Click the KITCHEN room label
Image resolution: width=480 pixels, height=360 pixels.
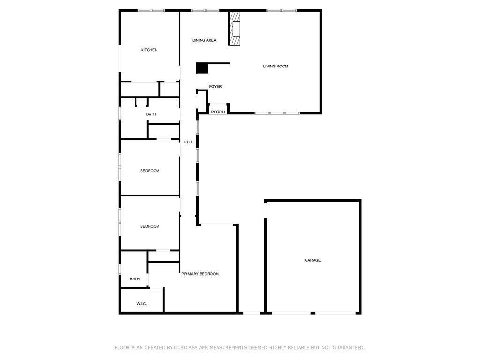tap(149, 50)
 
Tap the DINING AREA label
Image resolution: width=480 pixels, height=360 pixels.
tap(204, 40)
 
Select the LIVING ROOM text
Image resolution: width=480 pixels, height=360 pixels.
tap(276, 66)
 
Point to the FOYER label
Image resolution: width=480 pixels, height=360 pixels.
tap(215, 86)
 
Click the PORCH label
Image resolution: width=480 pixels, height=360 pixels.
tap(218, 112)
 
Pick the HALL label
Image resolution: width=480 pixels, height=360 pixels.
tap(188, 142)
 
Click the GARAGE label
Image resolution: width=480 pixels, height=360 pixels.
tap(313, 260)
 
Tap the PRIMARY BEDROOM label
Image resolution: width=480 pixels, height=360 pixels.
tap(200, 274)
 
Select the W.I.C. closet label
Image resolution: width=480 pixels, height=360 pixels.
tap(142, 304)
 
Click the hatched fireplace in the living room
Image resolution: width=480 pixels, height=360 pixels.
tap(234, 29)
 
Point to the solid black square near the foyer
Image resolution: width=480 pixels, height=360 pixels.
tap(202, 68)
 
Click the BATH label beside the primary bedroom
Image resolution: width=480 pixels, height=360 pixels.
tap(135, 278)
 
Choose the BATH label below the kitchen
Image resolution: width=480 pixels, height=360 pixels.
tap(151, 114)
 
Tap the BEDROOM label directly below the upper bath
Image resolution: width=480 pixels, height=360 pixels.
tap(150, 171)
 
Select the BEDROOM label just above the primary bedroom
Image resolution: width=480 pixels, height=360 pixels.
tap(150, 226)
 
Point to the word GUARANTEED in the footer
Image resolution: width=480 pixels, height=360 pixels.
tap(349, 347)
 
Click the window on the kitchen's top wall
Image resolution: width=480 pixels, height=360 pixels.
tap(151, 10)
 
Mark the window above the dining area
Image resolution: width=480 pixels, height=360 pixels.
tap(205, 10)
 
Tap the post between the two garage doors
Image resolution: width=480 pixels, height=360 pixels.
tap(313, 313)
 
